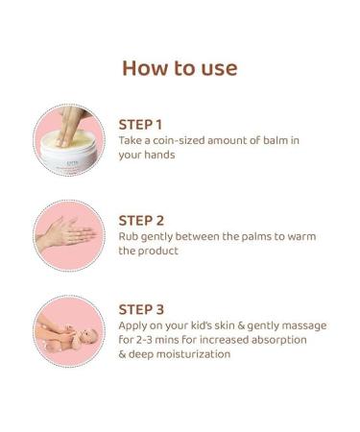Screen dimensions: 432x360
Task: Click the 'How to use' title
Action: click(x=180, y=68)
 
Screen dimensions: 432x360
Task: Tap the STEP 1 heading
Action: click(x=141, y=124)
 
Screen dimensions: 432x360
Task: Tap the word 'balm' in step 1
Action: click(x=276, y=140)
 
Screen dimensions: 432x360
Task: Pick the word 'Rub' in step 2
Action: click(x=130, y=235)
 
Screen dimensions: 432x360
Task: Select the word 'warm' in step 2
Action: click(x=300, y=235)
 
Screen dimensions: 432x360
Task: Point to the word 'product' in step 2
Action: click(x=161, y=251)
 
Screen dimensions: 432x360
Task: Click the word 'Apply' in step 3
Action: click(x=135, y=325)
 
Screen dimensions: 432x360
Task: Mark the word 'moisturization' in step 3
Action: click(x=186, y=354)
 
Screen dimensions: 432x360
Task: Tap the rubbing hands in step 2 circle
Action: click(x=67, y=233)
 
